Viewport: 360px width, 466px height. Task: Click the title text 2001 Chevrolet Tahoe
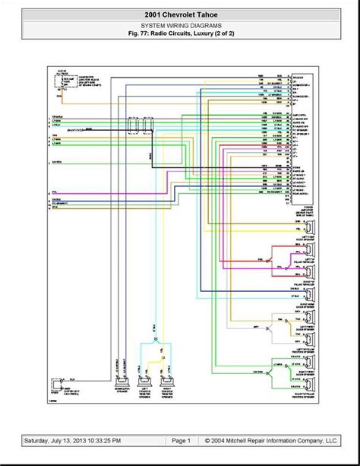pyautogui.click(x=180, y=14)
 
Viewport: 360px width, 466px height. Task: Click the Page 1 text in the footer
pyautogui.click(x=180, y=440)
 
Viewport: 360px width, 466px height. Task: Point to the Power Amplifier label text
pyautogui.click(x=307, y=210)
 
